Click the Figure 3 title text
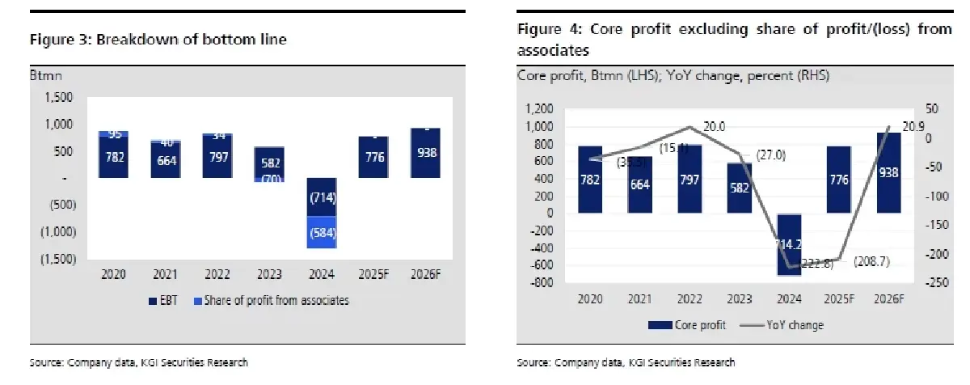tap(158, 40)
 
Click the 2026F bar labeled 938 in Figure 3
tap(424, 153)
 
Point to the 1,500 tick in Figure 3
tap(61, 97)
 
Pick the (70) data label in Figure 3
tap(271, 178)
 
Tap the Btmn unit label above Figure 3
tap(46, 76)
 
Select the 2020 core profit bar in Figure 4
tap(590, 180)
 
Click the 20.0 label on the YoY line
tap(715, 126)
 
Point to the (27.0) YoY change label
tap(770, 154)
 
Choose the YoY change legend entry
tap(789, 325)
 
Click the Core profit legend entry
tap(687, 325)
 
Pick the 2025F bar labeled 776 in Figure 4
tap(839, 180)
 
